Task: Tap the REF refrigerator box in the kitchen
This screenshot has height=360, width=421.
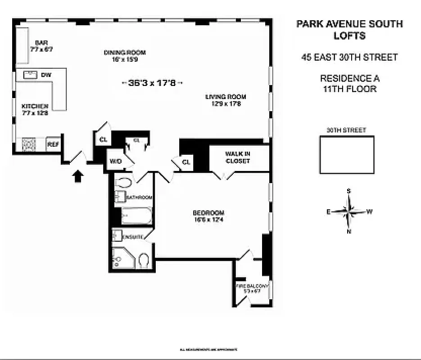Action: click(x=53, y=144)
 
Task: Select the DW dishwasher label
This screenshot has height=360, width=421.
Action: click(x=46, y=75)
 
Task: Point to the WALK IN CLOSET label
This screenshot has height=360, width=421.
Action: click(x=238, y=157)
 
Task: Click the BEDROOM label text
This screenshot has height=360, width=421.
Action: click(x=208, y=213)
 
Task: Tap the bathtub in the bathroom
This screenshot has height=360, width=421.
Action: click(x=137, y=216)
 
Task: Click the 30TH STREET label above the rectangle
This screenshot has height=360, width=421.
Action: click(x=346, y=130)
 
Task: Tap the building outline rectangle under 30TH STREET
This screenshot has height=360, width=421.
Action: click(x=347, y=154)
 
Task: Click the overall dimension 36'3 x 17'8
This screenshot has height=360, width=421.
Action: click(x=152, y=83)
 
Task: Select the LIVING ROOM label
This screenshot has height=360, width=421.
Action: click(x=226, y=97)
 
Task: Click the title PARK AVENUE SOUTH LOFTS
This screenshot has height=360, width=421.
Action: click(x=349, y=30)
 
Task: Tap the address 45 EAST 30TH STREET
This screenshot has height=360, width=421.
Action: click(x=349, y=57)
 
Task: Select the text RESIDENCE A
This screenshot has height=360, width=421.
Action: click(x=349, y=79)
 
